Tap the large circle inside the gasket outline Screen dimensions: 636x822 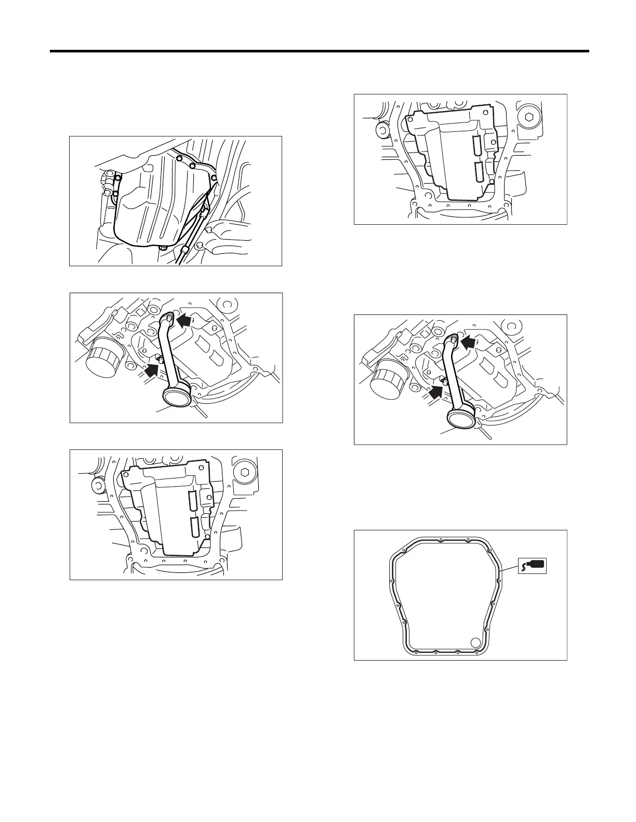[475, 643]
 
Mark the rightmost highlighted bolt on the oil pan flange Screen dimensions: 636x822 [214, 178]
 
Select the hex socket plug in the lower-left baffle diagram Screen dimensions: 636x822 [244, 472]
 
